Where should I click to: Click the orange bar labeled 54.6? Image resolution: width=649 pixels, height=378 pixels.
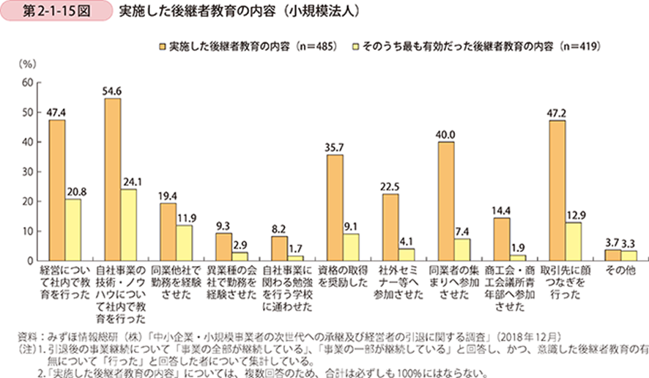tap(113, 179)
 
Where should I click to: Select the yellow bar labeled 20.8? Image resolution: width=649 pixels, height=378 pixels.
tap(73, 230)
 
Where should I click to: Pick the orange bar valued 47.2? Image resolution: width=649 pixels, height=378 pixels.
tap(557, 190)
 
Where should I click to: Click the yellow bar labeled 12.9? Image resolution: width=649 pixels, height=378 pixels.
tap(573, 242)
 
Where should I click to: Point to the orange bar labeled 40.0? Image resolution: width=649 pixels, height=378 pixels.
tap(445, 201)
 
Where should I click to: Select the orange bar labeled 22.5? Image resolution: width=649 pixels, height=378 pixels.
tap(390, 227)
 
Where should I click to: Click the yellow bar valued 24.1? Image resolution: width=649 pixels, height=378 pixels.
tap(129, 225)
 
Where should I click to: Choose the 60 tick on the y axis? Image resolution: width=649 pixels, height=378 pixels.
tap(27, 83)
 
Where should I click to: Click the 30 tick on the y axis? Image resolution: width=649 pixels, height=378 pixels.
tap(27, 172)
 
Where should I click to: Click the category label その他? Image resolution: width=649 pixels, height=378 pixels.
tap(620, 271)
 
